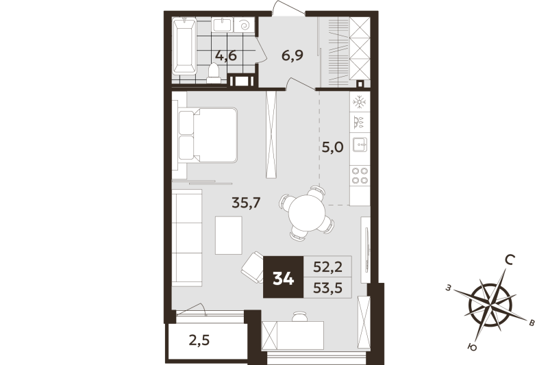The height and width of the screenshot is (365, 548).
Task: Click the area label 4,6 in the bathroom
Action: pyautogui.click(x=225, y=55)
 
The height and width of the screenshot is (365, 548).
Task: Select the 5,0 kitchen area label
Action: pyautogui.click(x=332, y=148)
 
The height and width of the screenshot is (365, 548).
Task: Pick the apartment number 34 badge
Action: pyautogui.click(x=283, y=278)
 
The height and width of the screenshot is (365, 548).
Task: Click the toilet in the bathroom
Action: pyautogui.click(x=214, y=73)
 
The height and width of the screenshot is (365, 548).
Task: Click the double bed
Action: pyautogui.click(x=209, y=136)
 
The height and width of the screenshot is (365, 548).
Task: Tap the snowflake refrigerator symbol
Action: pyautogui.click(x=360, y=101)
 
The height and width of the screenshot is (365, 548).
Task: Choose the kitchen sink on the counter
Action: pyautogui.click(x=360, y=145)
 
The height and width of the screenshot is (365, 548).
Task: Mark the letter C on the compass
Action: pyautogui.click(x=509, y=260)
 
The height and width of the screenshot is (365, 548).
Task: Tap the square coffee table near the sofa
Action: pyautogui.click(x=229, y=235)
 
